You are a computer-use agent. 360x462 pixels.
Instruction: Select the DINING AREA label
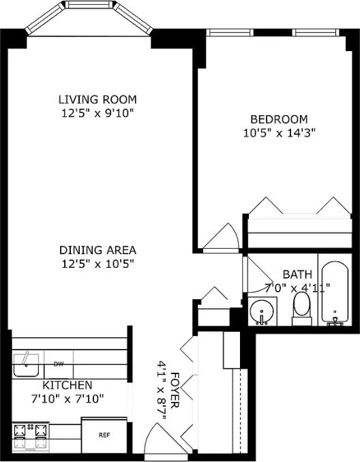(x=97, y=249)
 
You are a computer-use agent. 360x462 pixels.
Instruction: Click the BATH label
(x=297, y=274)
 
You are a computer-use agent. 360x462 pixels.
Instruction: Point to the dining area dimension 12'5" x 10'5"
(x=97, y=263)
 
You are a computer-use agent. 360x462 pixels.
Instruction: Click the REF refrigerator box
(x=104, y=434)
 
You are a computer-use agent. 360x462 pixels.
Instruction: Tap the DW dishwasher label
(x=59, y=363)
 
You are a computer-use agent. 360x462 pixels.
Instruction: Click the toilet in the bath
(x=301, y=309)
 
